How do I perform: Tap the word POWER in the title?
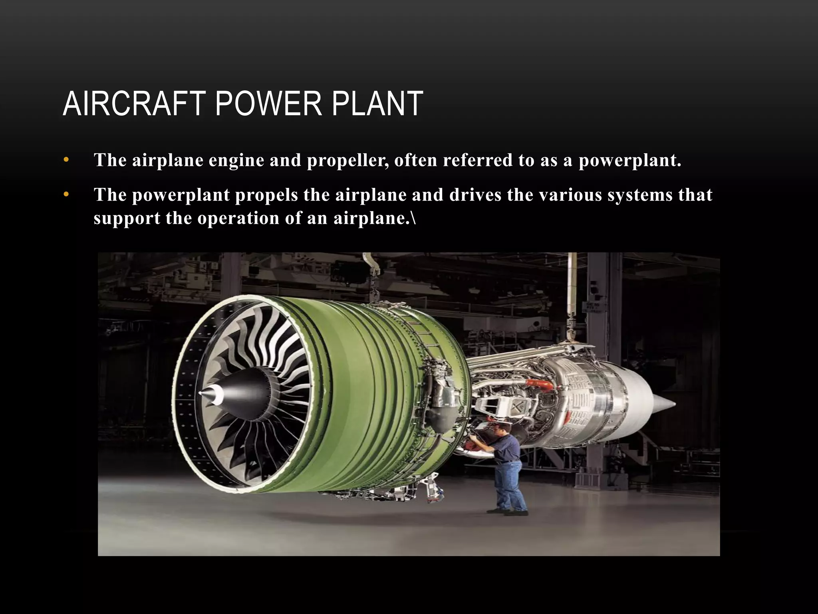coord(268,104)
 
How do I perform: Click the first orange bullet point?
coord(66,161)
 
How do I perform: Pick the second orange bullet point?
coord(66,195)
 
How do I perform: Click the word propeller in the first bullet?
coord(347,161)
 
